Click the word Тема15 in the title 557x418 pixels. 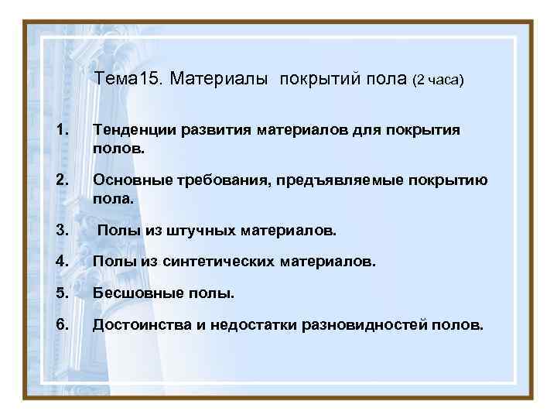coord(128,79)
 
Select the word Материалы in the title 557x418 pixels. coord(219,79)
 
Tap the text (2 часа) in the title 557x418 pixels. coord(438,80)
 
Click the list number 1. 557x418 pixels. coord(61,129)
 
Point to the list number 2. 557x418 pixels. coord(61,181)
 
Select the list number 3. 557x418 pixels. coord(61,230)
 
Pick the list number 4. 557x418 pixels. coord(61,262)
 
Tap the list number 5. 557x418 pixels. coord(61,293)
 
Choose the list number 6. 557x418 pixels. coord(61,325)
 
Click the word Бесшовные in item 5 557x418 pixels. coord(134,294)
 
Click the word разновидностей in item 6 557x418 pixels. coord(362,326)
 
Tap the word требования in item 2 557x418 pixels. coord(217,182)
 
